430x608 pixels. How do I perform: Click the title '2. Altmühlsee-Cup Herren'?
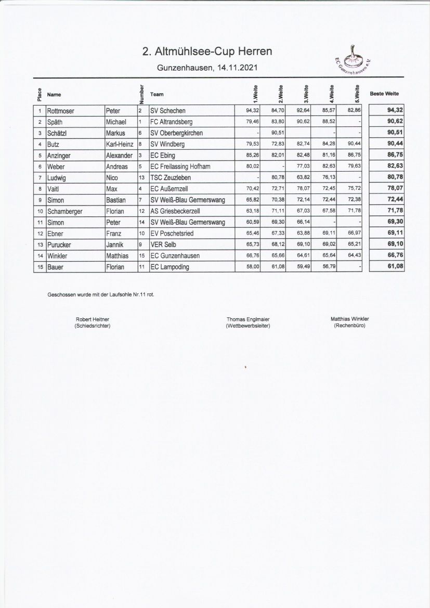(x=207, y=51)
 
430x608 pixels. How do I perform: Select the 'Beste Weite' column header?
(x=384, y=94)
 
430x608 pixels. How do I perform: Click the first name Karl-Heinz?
(x=120, y=144)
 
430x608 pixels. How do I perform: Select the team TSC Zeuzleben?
(x=170, y=177)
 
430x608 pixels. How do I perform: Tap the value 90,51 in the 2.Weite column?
(x=276, y=133)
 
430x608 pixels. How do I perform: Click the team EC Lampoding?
(x=170, y=267)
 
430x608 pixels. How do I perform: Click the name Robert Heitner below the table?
(x=93, y=319)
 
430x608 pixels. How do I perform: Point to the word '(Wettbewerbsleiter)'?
(x=247, y=326)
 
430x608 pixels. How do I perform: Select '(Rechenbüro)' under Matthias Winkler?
(x=349, y=325)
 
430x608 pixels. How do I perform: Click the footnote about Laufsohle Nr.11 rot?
(x=100, y=294)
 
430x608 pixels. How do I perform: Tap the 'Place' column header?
(x=40, y=94)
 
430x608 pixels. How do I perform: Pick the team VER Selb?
(x=163, y=244)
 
